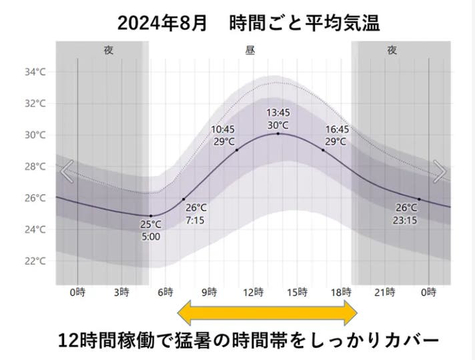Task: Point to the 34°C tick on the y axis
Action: coord(34,72)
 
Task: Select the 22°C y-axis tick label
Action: coord(34,261)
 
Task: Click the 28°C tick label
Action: coord(34,166)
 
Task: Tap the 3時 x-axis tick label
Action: coord(121,292)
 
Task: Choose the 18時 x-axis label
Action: coord(342,292)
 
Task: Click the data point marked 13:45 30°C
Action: coord(278,134)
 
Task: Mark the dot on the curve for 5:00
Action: coord(151,216)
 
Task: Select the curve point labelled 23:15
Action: coord(419,199)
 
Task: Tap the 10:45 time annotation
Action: coord(223,129)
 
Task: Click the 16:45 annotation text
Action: coord(337,129)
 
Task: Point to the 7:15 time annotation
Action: coord(197,219)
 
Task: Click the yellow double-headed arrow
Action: coord(268,312)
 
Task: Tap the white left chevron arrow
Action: coord(66,172)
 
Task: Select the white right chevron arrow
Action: coord(440,172)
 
